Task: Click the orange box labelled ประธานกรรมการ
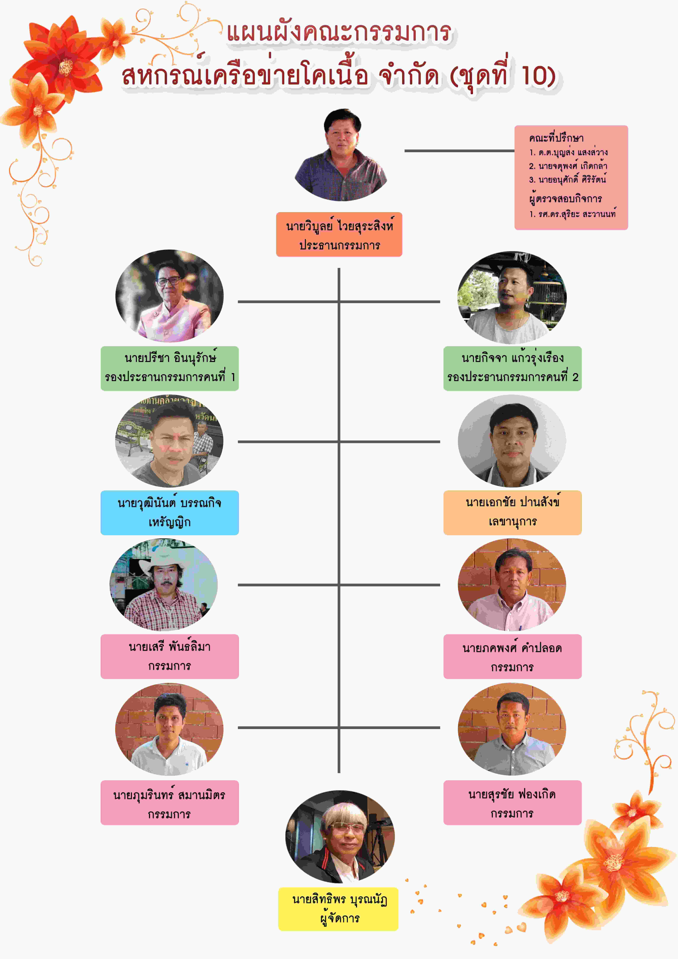pyautogui.click(x=339, y=234)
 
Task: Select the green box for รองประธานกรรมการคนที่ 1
pyautogui.click(x=170, y=368)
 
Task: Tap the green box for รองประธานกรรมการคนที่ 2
pyautogui.click(x=512, y=368)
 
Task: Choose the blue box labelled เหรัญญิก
pyautogui.click(x=170, y=513)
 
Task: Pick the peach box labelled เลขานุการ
pyautogui.click(x=512, y=513)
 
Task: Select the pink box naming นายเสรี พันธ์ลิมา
pyautogui.click(x=170, y=656)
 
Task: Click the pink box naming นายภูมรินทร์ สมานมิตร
pyautogui.click(x=170, y=802)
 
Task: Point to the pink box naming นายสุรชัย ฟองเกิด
pyautogui.click(x=512, y=802)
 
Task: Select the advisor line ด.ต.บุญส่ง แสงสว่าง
pyautogui.click(x=568, y=152)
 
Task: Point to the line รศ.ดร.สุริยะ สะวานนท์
pyautogui.click(x=572, y=214)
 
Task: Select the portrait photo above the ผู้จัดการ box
pyautogui.click(x=340, y=837)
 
